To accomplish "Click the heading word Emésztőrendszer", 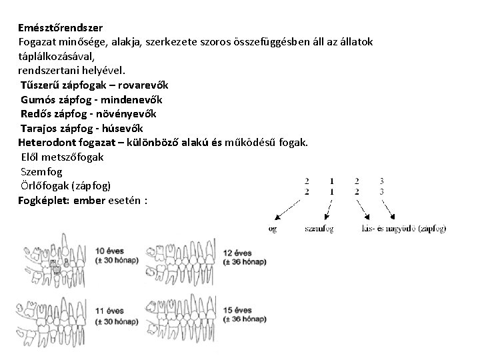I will coord(60,29).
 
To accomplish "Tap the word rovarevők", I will coord(145,85).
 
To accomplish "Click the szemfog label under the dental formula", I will coord(318,229).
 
